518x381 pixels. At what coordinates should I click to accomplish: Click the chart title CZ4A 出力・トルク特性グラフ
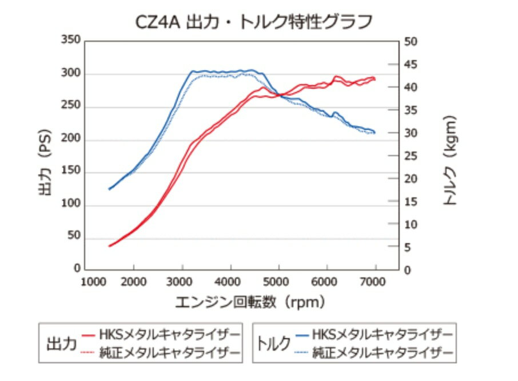tap(254, 21)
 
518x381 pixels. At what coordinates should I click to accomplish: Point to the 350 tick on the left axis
tap(71, 42)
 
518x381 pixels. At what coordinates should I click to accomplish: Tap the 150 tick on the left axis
tap(71, 172)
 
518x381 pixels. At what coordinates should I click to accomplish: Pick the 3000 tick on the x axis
tap(182, 281)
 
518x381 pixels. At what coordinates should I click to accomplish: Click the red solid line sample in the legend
tap(87, 333)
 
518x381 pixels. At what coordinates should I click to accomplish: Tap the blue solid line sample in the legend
tap(301, 333)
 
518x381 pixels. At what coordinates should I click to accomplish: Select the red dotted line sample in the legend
tap(87, 352)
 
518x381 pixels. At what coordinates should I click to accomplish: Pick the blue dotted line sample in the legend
tap(301, 352)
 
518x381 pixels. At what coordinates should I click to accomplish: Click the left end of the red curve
tap(109, 246)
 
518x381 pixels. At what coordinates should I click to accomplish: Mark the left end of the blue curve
tap(109, 189)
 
